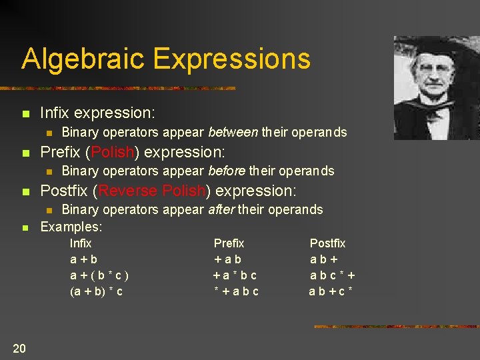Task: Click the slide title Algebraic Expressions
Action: [x=166, y=59]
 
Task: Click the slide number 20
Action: [x=19, y=347]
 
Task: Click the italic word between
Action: [x=233, y=132]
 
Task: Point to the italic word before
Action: [x=227, y=171]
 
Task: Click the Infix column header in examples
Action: [x=81, y=243]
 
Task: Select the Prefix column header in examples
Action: [x=229, y=243]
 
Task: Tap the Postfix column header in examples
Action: [x=328, y=243]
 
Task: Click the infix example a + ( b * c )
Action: [x=99, y=275]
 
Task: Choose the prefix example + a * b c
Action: [x=235, y=275]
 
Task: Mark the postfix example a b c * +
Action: [x=332, y=275]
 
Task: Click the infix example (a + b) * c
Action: [x=96, y=291]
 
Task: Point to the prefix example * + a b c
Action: [x=235, y=291]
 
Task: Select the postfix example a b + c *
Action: [x=331, y=291]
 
